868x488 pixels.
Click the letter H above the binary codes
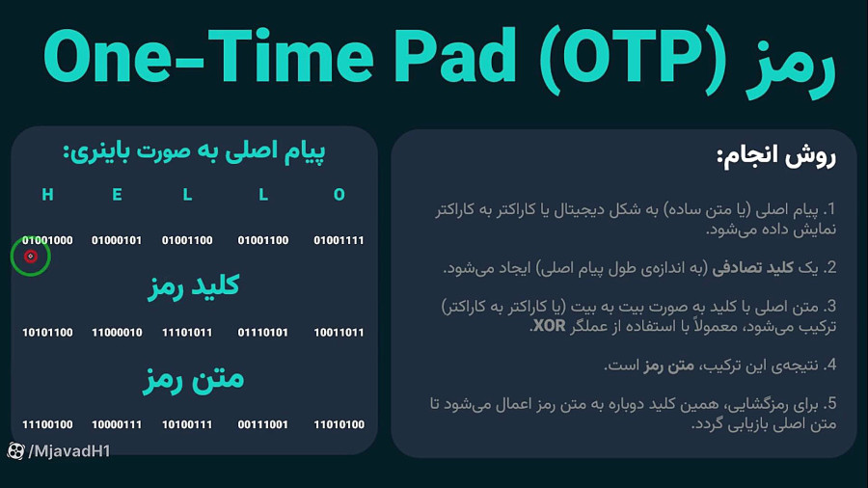click(x=47, y=195)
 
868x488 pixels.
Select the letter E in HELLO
click(x=117, y=195)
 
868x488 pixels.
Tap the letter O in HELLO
click(x=339, y=195)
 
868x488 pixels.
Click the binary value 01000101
click(x=117, y=241)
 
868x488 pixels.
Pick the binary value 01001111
click(x=339, y=241)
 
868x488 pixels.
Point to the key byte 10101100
click(x=47, y=333)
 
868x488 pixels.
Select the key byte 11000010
click(x=117, y=333)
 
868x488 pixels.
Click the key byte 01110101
click(x=263, y=333)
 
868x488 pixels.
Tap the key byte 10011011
click(x=339, y=333)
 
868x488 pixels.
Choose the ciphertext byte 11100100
click(x=47, y=425)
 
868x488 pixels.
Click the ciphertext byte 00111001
click(x=263, y=425)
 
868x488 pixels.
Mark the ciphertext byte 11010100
click(x=339, y=425)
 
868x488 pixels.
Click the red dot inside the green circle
click(x=31, y=257)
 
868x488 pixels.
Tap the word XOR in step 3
click(x=549, y=326)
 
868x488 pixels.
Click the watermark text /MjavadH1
click(x=69, y=451)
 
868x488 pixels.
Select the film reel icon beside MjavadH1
click(x=15, y=451)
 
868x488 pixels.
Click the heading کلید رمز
click(x=194, y=286)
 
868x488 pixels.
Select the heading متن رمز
click(x=194, y=380)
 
